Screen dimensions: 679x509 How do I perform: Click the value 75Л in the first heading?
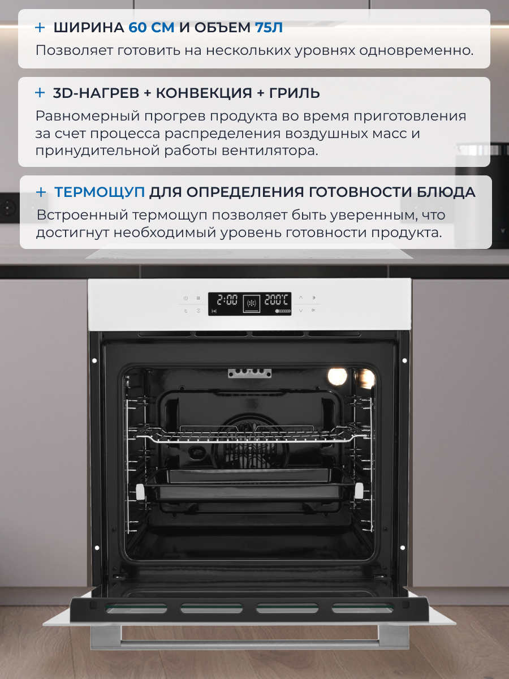[x=265, y=27]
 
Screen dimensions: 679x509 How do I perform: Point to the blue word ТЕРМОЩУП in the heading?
[x=100, y=192]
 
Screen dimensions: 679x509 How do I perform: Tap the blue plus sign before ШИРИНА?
[x=40, y=27]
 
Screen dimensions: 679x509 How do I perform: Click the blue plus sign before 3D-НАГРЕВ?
[x=40, y=93]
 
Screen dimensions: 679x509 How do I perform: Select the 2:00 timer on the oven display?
[x=227, y=299]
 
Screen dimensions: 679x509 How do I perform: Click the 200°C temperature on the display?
[x=277, y=299]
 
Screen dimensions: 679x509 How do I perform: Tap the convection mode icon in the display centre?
[x=252, y=303]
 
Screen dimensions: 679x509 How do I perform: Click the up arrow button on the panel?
[x=301, y=297]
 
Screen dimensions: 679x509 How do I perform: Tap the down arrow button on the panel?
[x=301, y=311]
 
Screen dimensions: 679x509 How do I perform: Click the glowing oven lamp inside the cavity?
[x=338, y=375]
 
